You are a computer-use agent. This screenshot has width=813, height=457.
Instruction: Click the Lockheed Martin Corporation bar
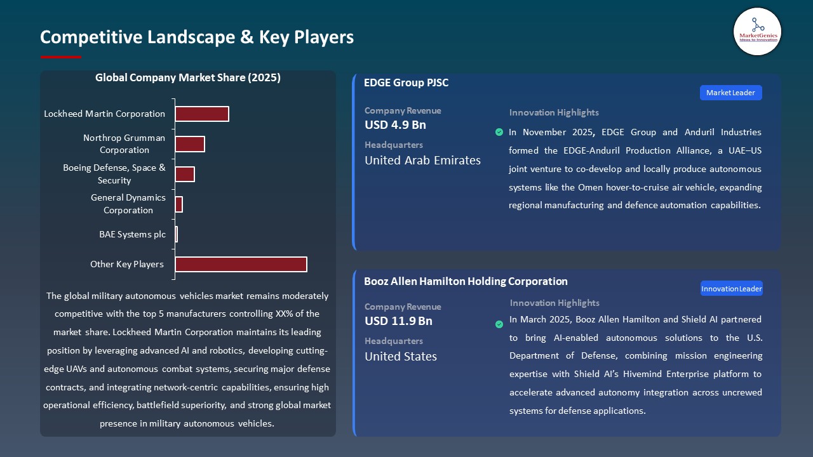(x=201, y=114)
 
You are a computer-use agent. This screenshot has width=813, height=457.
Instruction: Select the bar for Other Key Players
(x=241, y=264)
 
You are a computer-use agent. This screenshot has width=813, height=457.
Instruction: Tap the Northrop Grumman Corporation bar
(x=189, y=144)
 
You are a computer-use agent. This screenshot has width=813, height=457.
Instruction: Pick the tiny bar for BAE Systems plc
(x=176, y=234)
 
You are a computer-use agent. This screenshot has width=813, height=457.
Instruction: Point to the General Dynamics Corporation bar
(x=178, y=204)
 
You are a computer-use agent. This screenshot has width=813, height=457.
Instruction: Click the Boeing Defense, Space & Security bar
(x=184, y=174)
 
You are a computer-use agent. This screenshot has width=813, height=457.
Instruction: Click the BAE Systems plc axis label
(x=132, y=234)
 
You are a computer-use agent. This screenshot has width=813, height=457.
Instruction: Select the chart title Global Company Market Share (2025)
(x=187, y=78)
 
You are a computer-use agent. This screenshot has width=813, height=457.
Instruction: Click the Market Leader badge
(x=730, y=93)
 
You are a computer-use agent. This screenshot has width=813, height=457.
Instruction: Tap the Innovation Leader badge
(x=731, y=289)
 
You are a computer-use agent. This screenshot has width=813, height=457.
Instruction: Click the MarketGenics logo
(x=757, y=32)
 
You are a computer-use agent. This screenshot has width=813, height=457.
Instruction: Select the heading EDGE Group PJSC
(x=406, y=83)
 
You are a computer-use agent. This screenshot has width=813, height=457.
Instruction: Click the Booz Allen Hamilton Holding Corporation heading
(x=466, y=281)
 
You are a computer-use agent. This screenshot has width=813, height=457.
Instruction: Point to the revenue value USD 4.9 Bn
(x=395, y=125)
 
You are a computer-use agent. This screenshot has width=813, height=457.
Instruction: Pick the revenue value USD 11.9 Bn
(x=398, y=321)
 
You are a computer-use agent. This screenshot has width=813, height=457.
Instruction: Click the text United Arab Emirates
(x=422, y=161)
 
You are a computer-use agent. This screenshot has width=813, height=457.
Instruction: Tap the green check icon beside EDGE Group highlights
(x=499, y=132)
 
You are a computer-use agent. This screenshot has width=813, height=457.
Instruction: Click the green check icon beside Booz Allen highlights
(x=499, y=324)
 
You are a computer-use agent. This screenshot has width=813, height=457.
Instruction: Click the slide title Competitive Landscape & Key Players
(x=196, y=37)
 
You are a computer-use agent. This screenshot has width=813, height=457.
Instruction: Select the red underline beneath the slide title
(x=60, y=57)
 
